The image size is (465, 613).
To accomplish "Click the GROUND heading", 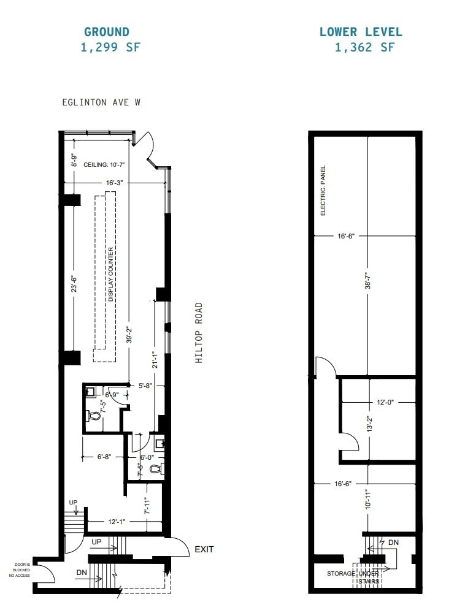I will [x=107, y=32].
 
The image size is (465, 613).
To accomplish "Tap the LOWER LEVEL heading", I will [x=361, y=32].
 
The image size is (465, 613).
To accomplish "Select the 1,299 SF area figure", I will [x=110, y=47].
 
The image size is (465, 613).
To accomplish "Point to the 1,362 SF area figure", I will [x=364, y=47].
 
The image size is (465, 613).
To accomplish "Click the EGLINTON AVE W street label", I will [x=101, y=102].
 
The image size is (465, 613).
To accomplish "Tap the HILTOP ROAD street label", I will [x=199, y=333].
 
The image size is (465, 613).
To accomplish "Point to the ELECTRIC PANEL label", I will [x=323, y=191].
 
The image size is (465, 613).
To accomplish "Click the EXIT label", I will [x=204, y=549].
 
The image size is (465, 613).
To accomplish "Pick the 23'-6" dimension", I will [x=74, y=286].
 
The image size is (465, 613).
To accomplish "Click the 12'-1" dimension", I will [x=117, y=522].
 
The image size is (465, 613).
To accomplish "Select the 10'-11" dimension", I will [x=367, y=499].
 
